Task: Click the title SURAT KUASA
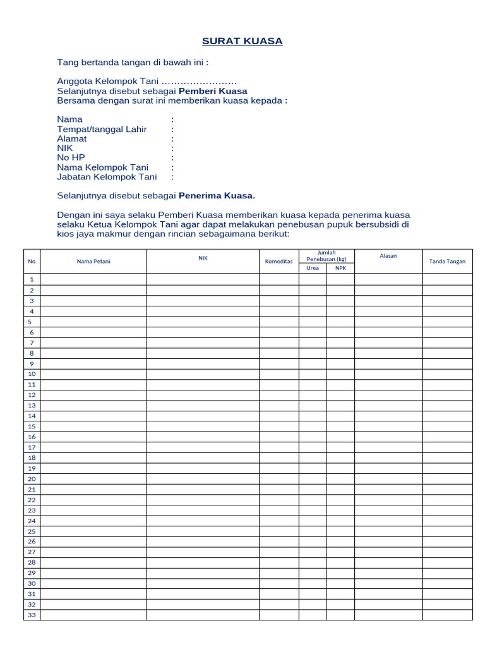[242, 41]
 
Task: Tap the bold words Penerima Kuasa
[217, 196]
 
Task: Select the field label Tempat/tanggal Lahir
[102, 129]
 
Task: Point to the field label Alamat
[72, 138]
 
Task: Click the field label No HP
[71, 157]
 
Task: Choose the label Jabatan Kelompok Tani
[107, 177]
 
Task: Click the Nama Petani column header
[93, 261]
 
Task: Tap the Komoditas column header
[278, 261]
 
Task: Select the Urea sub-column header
[313, 268]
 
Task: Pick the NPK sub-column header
[340, 268]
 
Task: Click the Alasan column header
[388, 256]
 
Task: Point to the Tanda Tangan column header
[447, 261]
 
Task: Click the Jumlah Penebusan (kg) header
[326, 256]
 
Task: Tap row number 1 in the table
[32, 279]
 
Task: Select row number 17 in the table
[32, 447]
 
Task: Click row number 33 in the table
[32, 615]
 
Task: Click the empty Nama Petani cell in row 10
[93, 374]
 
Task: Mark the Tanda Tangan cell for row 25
[447, 531]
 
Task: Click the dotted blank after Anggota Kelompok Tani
[199, 82]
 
